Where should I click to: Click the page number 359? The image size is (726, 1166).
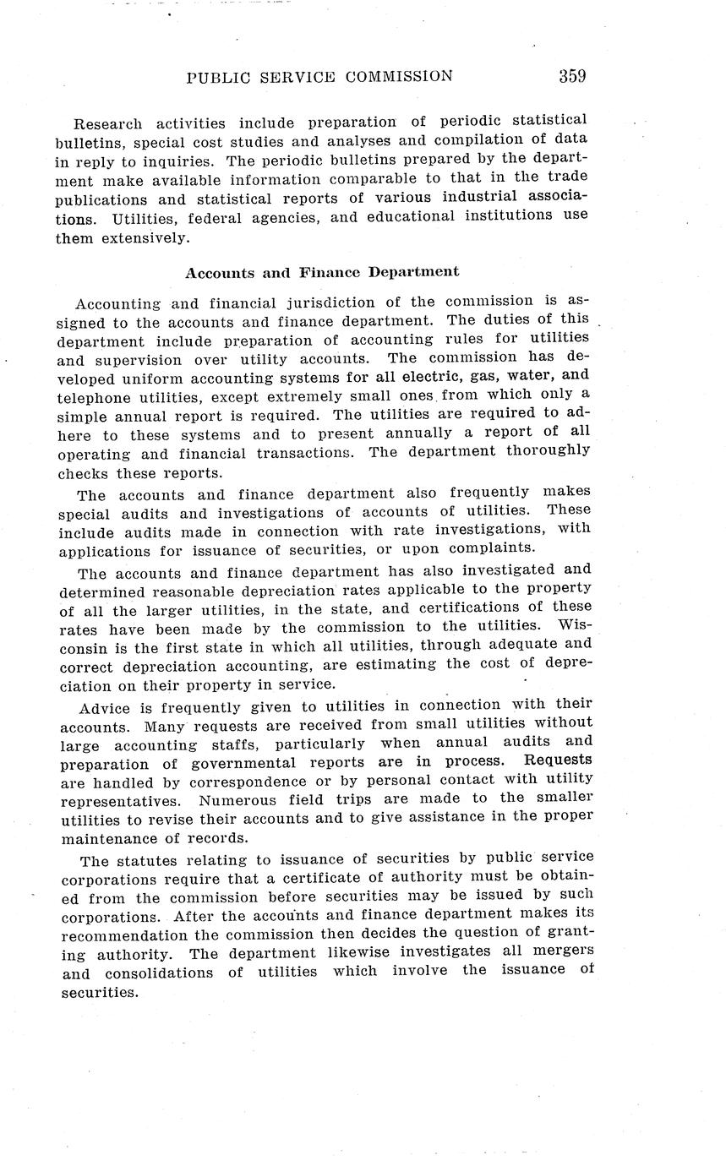point(572,76)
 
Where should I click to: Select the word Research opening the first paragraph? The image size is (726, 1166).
point(106,123)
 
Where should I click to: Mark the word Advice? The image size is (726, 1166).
point(105,706)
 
